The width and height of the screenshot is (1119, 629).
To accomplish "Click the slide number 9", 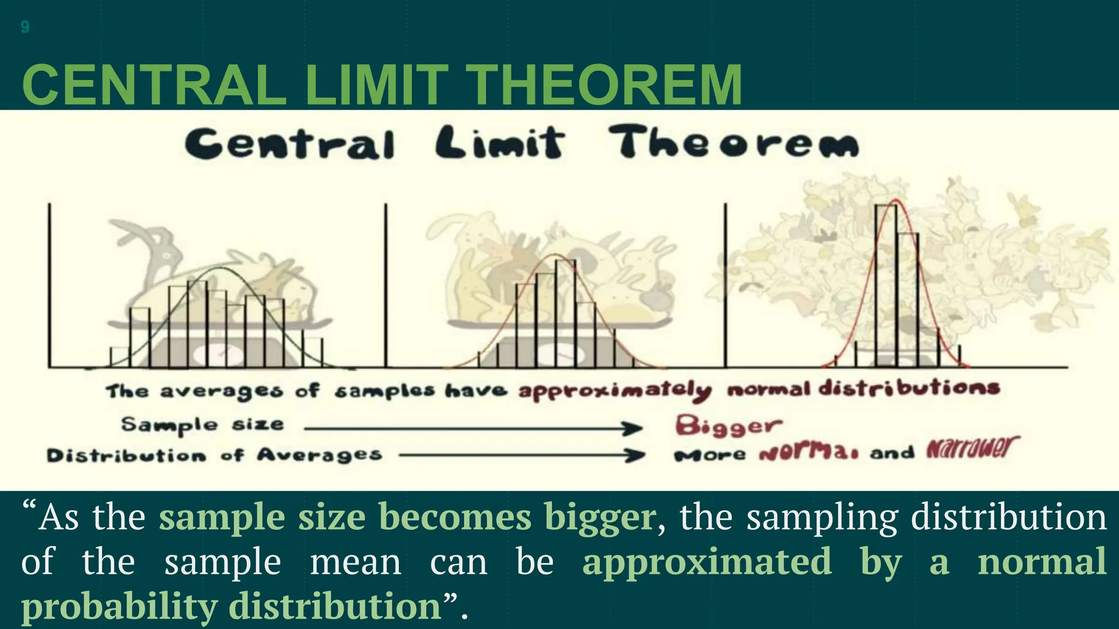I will coord(25,27).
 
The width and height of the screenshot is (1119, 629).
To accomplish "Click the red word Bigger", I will coord(728,425).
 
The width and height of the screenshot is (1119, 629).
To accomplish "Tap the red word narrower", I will coord(972,449).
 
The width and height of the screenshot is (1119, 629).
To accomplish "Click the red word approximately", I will coord(615,391).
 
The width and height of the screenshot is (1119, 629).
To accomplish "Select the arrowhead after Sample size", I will coord(634,429).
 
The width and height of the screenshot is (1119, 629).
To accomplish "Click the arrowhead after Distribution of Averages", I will coord(637,455).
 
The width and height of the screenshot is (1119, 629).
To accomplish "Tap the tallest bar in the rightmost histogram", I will coord(886,284).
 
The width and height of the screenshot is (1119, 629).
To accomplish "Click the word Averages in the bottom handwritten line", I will coord(319,455).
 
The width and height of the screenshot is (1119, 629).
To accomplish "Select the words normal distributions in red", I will coord(863,389).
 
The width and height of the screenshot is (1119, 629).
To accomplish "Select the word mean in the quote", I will coord(355,562).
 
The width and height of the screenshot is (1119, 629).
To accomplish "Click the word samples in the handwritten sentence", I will coord(385,391).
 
